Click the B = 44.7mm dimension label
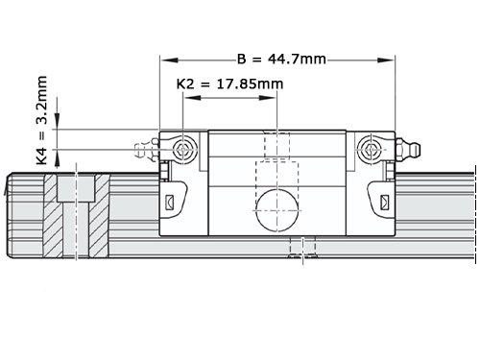281,60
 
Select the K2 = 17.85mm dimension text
229,84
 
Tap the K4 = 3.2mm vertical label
42,120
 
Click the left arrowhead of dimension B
169,60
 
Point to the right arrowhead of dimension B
386,60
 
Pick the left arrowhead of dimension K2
193,98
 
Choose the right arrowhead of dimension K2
268,98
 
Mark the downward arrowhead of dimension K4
57,121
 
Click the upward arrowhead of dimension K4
57,158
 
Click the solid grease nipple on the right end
408,149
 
